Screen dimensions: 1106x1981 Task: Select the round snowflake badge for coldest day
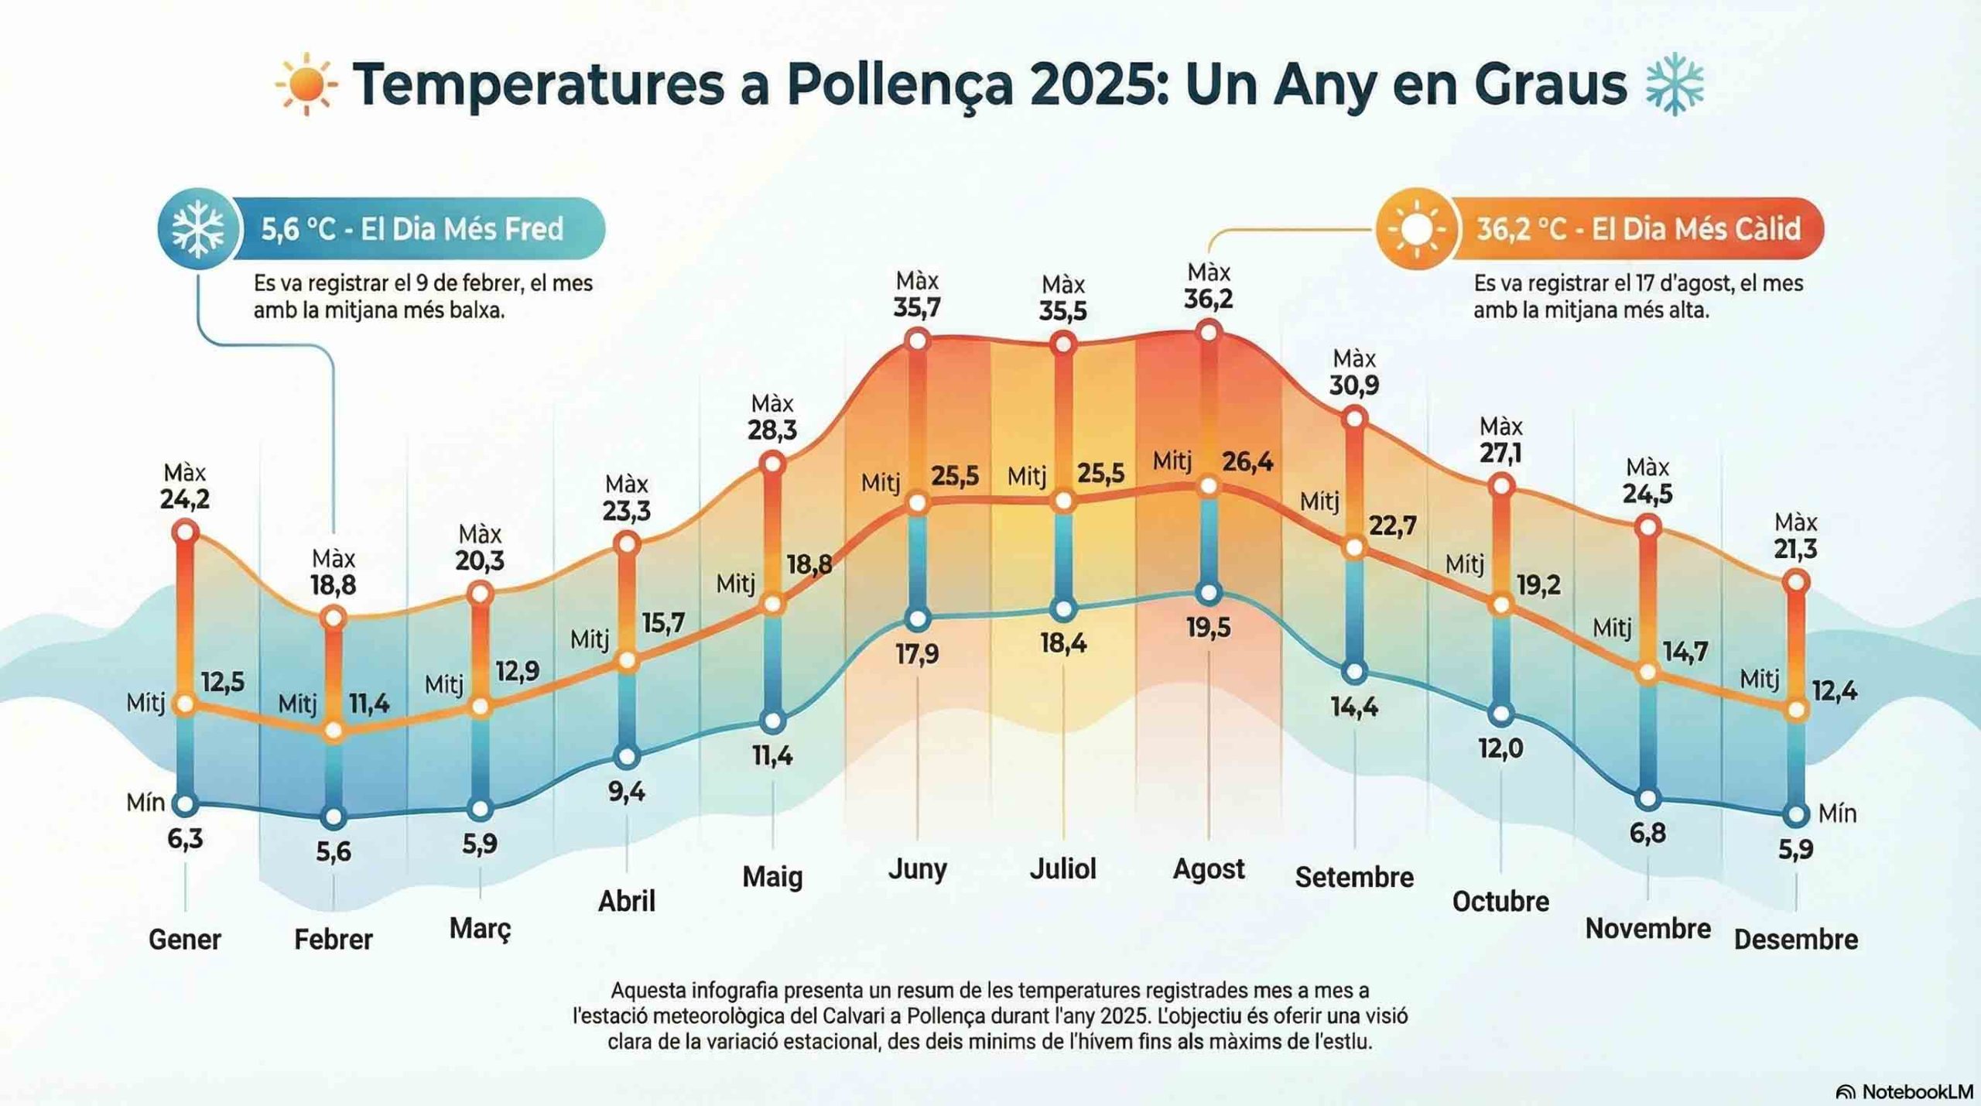[x=197, y=229]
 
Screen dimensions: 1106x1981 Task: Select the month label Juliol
[x=1062, y=868]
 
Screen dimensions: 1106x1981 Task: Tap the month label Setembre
[x=1354, y=877]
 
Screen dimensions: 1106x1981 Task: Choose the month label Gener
[x=184, y=940]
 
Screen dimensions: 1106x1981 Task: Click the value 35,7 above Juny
[x=917, y=308]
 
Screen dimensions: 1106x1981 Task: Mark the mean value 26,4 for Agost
[x=1247, y=462]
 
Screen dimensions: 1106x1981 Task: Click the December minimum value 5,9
[x=1795, y=850]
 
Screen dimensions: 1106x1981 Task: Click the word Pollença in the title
[x=900, y=85]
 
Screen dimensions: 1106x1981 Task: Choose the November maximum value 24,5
[x=1647, y=494]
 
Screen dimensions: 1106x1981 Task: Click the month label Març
[x=480, y=928]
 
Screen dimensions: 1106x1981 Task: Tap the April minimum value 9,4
[x=626, y=791]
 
